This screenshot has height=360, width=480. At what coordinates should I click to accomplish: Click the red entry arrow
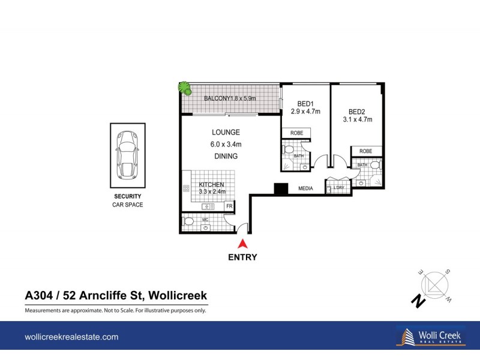(243, 244)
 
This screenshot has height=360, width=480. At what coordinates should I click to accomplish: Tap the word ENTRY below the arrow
(243, 257)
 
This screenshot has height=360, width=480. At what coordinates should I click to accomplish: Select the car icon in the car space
(127, 154)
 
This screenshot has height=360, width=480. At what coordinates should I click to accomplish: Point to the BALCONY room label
(214, 98)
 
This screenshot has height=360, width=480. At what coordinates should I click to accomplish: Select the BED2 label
(357, 112)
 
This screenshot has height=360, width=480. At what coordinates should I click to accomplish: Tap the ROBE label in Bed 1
(297, 133)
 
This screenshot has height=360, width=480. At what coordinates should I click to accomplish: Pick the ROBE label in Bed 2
(366, 151)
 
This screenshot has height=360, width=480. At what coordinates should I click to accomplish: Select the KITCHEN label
(212, 185)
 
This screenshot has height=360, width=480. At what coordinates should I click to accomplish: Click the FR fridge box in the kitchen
(229, 206)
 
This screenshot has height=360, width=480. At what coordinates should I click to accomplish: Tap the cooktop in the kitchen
(186, 190)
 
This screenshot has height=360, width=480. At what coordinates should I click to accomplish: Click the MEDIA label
(306, 189)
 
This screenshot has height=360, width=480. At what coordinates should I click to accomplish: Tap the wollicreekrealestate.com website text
(71, 338)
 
